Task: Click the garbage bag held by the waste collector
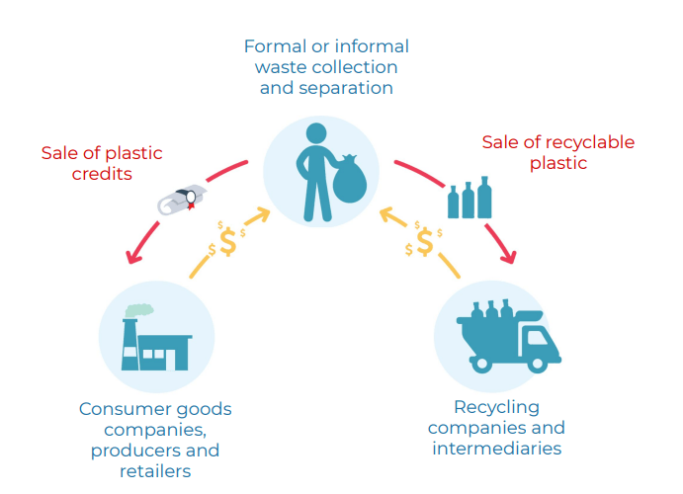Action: coord(349,185)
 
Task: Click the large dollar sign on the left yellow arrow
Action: coord(228,240)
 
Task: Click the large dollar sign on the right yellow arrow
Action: coord(425,240)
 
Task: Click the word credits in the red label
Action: coord(103,174)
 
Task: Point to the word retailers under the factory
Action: coord(154,470)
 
